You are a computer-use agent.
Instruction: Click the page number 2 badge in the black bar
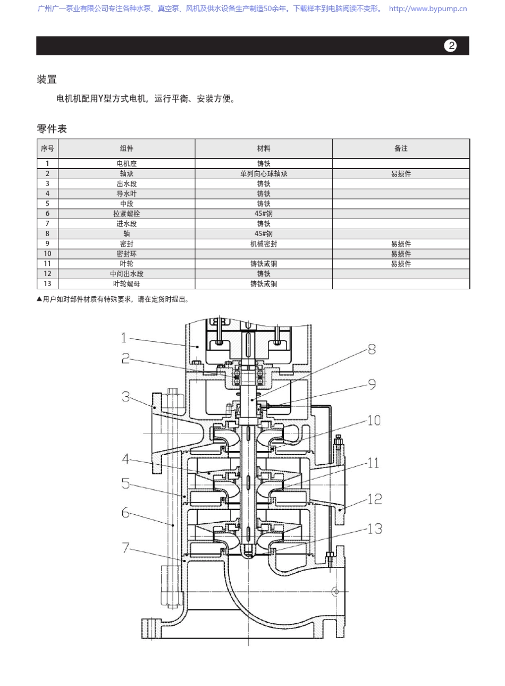(x=450, y=46)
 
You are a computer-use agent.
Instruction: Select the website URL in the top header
(x=427, y=9)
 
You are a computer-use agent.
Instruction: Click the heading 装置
(x=47, y=80)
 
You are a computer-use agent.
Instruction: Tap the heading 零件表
(x=52, y=129)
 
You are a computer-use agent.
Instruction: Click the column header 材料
(x=264, y=148)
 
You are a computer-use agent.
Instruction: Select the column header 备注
(x=401, y=148)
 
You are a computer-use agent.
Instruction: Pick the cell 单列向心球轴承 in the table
(x=264, y=174)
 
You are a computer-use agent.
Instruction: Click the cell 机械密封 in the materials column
(x=264, y=244)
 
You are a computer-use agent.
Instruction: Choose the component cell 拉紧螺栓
(x=127, y=214)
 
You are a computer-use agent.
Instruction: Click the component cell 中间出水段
(x=127, y=274)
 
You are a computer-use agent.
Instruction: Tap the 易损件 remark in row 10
(x=401, y=254)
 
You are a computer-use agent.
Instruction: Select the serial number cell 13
(x=47, y=284)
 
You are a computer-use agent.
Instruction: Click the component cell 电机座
(x=127, y=164)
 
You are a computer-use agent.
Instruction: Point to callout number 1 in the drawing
(x=124, y=338)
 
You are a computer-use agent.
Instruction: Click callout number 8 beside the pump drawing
(x=372, y=349)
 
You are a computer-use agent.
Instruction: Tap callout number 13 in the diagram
(x=374, y=529)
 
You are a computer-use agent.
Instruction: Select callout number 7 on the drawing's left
(x=125, y=547)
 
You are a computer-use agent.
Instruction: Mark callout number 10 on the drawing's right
(x=374, y=420)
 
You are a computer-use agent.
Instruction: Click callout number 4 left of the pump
(x=125, y=458)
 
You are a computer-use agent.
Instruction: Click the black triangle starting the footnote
(x=39, y=299)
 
